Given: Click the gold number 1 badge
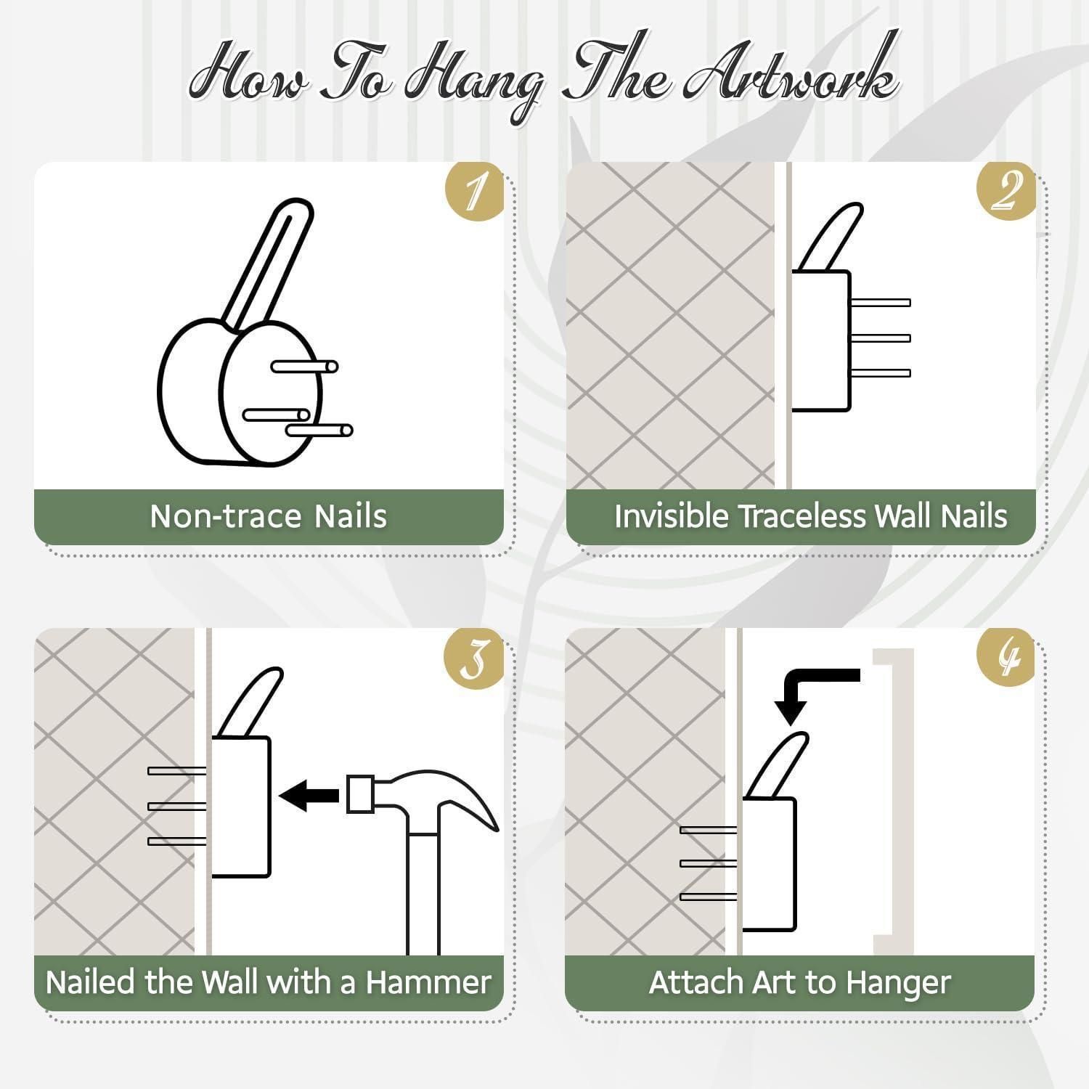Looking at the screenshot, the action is click(474, 190).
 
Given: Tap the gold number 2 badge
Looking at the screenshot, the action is click(1006, 190).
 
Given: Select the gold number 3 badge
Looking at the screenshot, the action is click(474, 656).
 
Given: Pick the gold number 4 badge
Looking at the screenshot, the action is click(1006, 656).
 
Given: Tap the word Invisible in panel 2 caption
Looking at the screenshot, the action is click(671, 516).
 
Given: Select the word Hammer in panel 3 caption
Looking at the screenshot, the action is click(428, 982).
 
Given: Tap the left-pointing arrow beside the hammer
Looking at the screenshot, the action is click(309, 795).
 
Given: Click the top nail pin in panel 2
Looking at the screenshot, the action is click(880, 303).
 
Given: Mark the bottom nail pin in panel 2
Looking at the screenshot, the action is click(880, 373).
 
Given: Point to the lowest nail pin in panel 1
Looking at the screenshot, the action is click(319, 431).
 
